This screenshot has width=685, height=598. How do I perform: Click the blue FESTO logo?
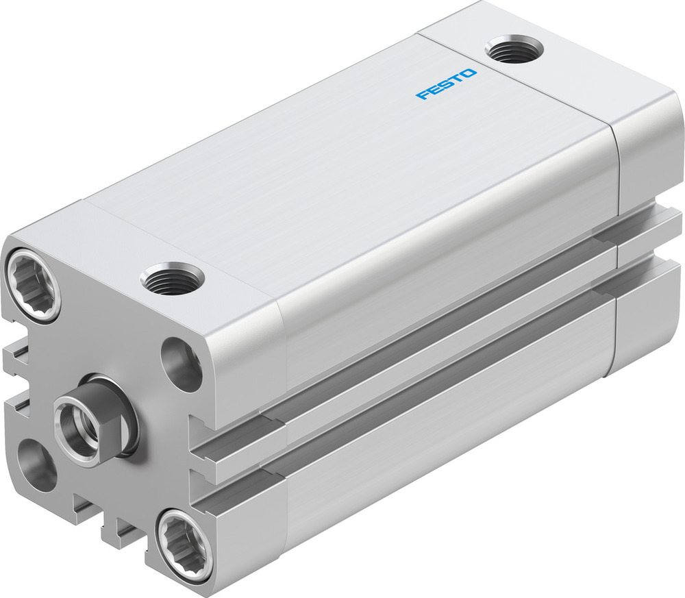(x=446, y=84)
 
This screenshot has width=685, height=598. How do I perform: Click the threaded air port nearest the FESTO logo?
(x=513, y=50)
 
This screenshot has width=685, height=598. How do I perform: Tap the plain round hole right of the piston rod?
(x=182, y=362)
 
